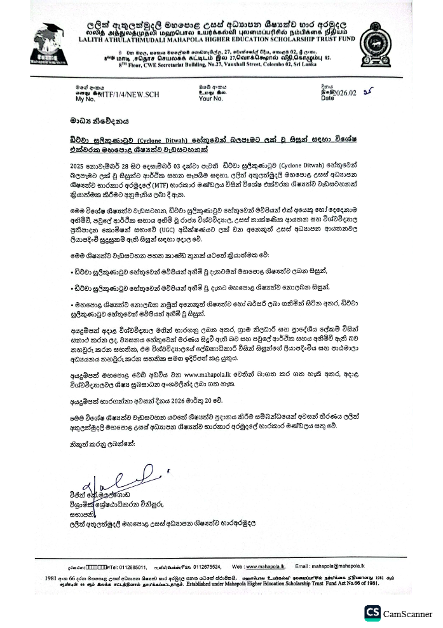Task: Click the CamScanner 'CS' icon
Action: (372, 613)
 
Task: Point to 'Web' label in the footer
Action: (238, 566)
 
